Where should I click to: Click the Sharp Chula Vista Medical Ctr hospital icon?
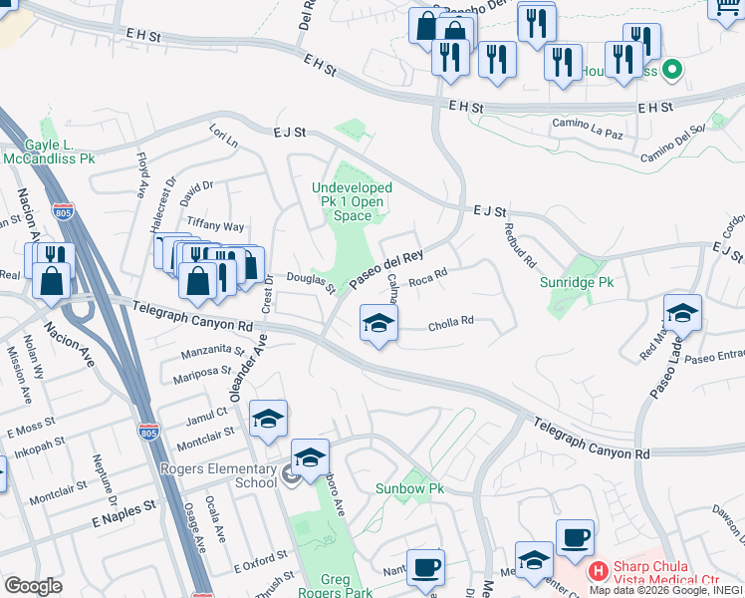point(598,571)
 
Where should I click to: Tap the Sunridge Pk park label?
point(577,282)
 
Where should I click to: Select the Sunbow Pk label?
point(409,488)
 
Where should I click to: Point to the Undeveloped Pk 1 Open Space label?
point(352,201)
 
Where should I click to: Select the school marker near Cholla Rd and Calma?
point(378,324)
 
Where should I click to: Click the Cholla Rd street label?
point(450,321)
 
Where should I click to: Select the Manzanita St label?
point(212,351)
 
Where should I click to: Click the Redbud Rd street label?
point(521,248)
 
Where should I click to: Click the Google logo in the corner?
point(33,586)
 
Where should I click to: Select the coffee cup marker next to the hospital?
point(575,538)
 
